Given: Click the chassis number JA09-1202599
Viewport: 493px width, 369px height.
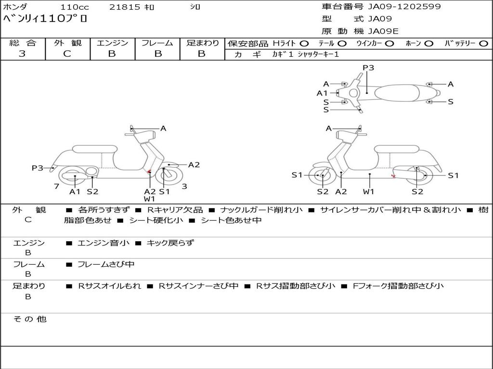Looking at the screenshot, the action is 404,7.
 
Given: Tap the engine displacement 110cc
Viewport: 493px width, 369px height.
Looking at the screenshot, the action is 75,7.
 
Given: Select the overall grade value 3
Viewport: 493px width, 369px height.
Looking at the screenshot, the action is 22,54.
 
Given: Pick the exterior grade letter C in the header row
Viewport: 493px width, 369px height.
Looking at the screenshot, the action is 67,54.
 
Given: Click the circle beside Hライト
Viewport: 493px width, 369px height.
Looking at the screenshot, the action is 304,44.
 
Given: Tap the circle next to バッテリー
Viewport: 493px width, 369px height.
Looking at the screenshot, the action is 483,44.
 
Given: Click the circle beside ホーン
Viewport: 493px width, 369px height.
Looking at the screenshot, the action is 429,44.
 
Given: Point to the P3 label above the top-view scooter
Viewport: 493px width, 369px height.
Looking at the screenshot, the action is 368,68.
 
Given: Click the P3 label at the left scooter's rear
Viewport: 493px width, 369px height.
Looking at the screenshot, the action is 38,168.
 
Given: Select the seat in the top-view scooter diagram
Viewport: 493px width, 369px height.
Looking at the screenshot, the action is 397,93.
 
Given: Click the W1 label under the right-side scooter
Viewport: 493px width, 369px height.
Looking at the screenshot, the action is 368,191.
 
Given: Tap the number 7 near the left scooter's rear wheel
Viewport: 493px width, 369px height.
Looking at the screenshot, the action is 57,186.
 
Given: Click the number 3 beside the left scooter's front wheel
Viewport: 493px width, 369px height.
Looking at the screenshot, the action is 184,186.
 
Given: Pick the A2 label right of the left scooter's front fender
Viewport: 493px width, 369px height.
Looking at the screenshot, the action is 194,165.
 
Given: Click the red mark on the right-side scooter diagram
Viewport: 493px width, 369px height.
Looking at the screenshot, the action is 393,176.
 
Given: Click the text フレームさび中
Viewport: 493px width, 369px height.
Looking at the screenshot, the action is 106,265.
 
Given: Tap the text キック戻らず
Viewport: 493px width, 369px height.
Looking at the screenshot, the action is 170,243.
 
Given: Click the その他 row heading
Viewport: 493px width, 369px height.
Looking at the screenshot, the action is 29,319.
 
